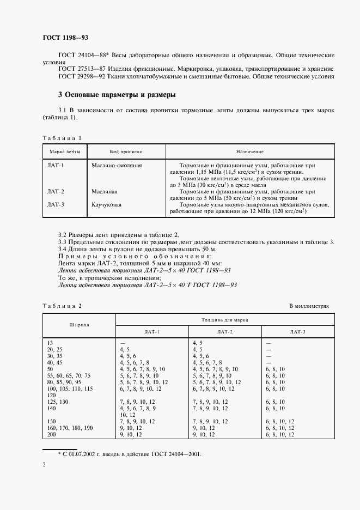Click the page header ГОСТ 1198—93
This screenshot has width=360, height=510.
[65, 38]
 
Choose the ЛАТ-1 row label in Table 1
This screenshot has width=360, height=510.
[56, 165]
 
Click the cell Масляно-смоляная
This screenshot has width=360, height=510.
[117, 165]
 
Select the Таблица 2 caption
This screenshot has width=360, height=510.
[61, 306]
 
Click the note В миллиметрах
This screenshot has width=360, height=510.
[309, 306]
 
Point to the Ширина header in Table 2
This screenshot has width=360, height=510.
[79, 325]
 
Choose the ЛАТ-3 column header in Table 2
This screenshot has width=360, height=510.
[298, 331]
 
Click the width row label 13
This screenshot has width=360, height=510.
[50, 342]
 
